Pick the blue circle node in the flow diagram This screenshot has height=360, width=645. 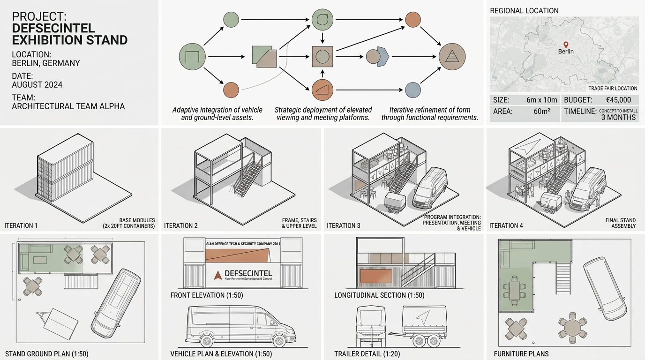click(413, 89)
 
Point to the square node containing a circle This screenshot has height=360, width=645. click(322, 57)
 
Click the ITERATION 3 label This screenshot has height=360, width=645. click(344, 226)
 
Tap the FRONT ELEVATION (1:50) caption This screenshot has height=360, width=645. click(207, 295)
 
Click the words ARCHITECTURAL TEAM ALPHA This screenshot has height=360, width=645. click(68, 106)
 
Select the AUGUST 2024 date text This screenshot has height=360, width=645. click(37, 85)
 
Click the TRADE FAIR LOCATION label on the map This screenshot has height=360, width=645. click(613, 88)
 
